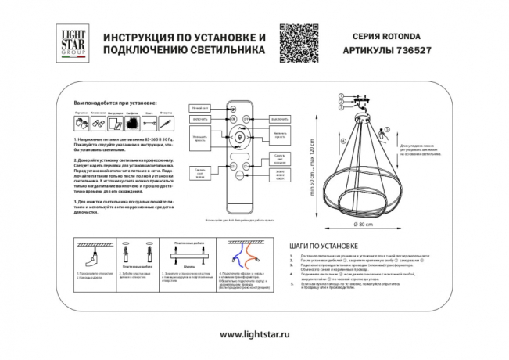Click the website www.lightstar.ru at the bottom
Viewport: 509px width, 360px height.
(x=255, y=335)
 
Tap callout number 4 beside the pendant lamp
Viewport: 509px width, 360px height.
(x=342, y=140)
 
